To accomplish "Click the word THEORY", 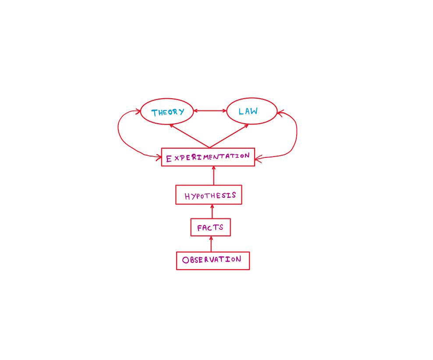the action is (x=167, y=112).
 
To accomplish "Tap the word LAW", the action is (x=248, y=111).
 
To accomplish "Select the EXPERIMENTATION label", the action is (x=208, y=157).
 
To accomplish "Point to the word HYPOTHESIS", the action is (x=210, y=196).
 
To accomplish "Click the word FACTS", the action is (x=210, y=228).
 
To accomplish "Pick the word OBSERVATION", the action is (x=212, y=260).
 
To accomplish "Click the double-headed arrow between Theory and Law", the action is (x=210, y=111).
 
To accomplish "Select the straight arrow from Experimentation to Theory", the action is (x=189, y=136).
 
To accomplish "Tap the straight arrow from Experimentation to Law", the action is (x=229, y=136).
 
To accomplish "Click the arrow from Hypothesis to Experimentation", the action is (x=213, y=176).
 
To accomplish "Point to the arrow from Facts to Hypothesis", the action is (x=212, y=212).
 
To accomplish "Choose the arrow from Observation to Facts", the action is (x=211, y=244).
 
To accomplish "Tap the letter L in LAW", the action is (x=241, y=112).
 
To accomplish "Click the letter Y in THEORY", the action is (x=181, y=111).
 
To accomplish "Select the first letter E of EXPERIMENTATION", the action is (x=169, y=159).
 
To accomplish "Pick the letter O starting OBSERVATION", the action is (x=185, y=260).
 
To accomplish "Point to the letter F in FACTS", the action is (x=200, y=228).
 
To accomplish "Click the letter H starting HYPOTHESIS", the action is (x=187, y=196).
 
